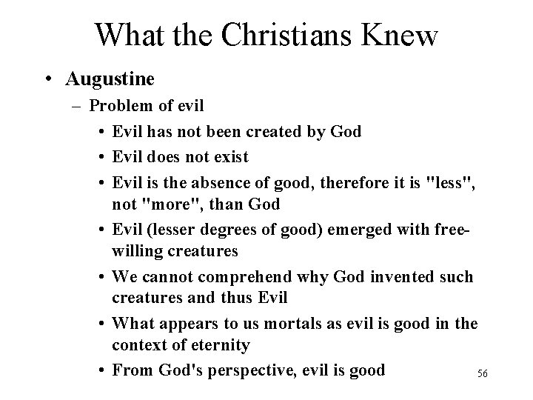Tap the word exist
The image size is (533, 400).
[x=229, y=157]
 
